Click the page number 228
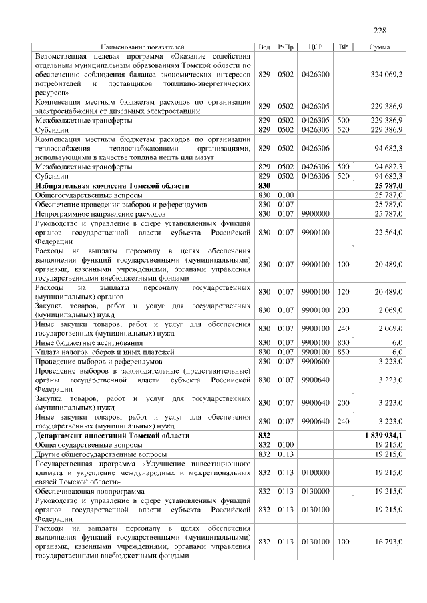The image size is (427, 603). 380,31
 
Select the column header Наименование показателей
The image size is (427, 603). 143,47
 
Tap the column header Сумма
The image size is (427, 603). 380,47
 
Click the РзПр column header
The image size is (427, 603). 286,47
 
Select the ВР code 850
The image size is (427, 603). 343,351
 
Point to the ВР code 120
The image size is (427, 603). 343,291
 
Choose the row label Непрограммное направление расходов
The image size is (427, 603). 99,213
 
